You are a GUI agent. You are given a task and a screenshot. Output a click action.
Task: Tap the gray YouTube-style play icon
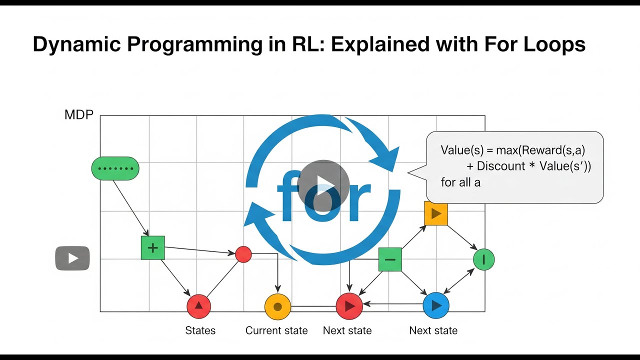pos(72,258)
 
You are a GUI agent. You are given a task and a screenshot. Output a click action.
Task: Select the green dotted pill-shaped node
pos(115,168)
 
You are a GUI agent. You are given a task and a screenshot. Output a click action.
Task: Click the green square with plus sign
pos(152,248)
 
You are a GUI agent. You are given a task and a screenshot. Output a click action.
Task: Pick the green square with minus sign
pos(390,259)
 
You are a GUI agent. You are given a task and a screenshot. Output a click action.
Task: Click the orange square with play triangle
pos(436,213)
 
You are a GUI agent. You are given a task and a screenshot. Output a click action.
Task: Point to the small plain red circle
pos(243,254)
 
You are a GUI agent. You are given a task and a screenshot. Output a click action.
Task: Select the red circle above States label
pos(198,306)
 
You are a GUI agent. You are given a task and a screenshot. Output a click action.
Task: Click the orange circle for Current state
pos(277,306)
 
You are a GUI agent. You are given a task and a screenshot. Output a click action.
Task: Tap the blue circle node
pos(436,305)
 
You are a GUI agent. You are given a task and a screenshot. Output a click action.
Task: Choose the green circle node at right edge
pos(483,259)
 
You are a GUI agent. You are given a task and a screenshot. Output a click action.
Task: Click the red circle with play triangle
pos(349,306)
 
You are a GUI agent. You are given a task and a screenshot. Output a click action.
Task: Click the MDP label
pos(79,115)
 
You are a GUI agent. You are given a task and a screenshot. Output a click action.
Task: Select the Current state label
pos(276,330)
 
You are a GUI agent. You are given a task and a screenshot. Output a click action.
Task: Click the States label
pos(200,330)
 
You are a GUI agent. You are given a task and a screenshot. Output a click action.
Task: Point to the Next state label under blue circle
pos(433,330)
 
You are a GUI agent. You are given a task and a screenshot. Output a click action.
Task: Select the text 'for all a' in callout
pos(460,182)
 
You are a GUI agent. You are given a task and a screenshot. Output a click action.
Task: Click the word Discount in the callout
pos(501,166)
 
